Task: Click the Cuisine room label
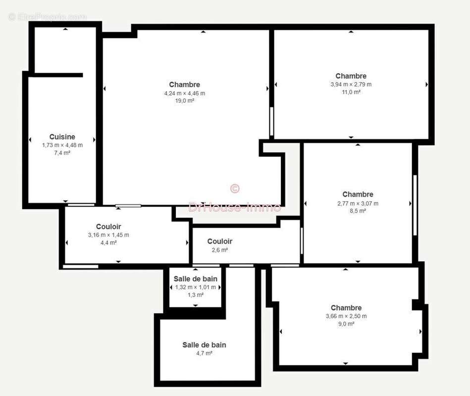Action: tap(62, 137)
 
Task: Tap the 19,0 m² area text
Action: tap(184, 100)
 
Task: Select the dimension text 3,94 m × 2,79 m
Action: tap(351, 84)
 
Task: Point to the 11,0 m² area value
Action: tap(351, 92)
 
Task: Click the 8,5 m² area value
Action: tap(358, 211)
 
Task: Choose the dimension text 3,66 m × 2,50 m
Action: tap(346, 316)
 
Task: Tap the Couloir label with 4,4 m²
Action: tap(108, 227)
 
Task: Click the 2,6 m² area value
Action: tap(219, 250)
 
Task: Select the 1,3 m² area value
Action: tap(195, 295)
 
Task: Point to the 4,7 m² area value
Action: tap(204, 353)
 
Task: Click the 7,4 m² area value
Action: tap(62, 153)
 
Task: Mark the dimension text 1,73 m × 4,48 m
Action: tap(62, 145)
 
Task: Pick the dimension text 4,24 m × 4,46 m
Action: tap(184, 93)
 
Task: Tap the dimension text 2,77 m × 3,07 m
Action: tap(358, 203)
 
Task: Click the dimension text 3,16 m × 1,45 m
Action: tap(108, 235)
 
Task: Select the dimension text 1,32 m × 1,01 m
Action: tap(195, 287)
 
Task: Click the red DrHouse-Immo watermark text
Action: tap(235, 207)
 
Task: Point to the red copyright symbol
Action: tap(235, 189)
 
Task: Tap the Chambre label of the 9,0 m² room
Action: tap(346, 308)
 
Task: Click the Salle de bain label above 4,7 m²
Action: tap(204, 345)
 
